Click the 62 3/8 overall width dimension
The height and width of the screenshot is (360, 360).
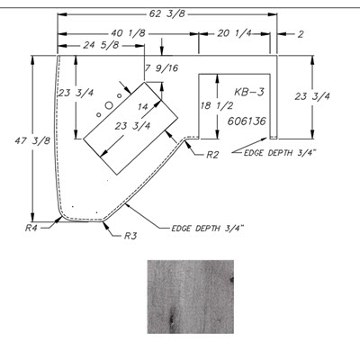167,13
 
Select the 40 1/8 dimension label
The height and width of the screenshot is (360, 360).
129,33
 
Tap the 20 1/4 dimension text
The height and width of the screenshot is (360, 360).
235,33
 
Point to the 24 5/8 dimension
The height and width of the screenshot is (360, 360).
101,46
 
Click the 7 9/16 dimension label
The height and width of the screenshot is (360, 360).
162,68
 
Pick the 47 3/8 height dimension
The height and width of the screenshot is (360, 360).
32,140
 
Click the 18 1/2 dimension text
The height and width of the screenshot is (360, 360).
217,106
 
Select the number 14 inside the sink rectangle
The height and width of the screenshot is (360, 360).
143,106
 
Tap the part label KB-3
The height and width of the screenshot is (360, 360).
249,92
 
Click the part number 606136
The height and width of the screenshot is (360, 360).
247,121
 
